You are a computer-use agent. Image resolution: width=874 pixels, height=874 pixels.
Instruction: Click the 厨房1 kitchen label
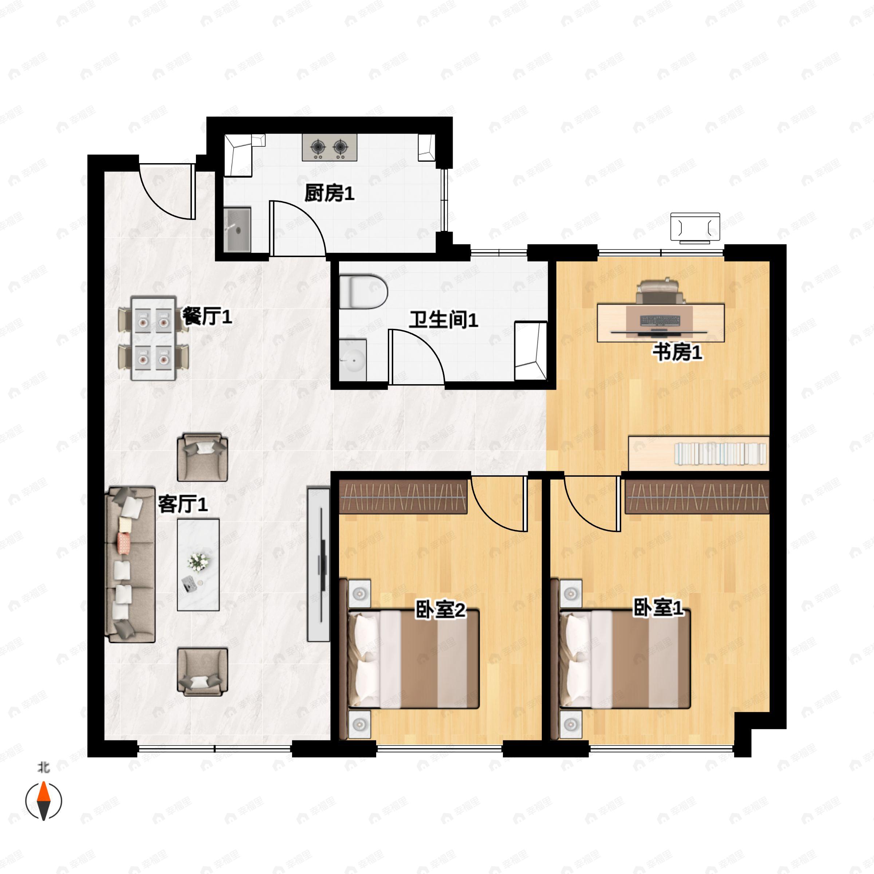tap(329, 194)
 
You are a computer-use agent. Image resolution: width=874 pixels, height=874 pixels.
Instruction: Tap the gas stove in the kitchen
tap(329, 147)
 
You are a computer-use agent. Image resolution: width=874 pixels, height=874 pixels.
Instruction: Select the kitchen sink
tap(238, 229)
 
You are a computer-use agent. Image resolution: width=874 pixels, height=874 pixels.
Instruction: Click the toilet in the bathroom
tap(363, 292)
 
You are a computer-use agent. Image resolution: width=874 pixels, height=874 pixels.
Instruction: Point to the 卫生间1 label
tap(443, 320)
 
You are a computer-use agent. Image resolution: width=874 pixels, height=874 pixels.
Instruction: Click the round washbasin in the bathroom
tap(353, 360)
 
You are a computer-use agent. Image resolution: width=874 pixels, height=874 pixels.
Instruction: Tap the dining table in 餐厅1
tap(153, 338)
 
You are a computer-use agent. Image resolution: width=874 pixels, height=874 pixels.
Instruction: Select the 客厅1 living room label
tap(183, 504)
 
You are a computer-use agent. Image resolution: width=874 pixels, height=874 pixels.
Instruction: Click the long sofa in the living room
tap(130, 564)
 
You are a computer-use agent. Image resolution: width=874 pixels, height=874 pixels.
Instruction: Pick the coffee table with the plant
tap(198, 564)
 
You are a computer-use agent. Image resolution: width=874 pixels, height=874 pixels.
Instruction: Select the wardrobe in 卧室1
tap(697, 497)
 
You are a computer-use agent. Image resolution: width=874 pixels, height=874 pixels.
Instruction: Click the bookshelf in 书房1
tap(699, 453)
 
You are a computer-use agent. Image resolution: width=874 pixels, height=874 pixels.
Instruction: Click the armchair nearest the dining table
tap(202, 457)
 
